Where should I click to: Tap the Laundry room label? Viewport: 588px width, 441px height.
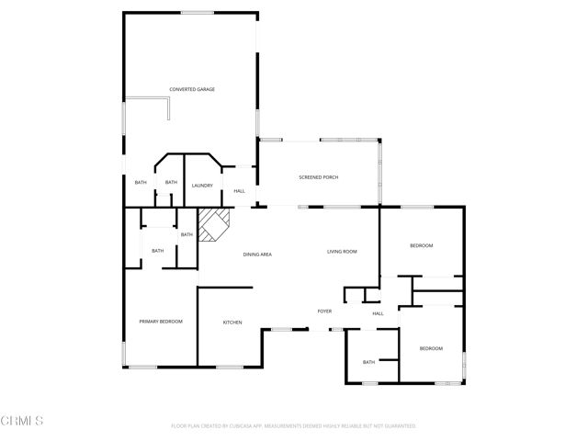202,186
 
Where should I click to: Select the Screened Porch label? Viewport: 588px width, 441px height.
318,176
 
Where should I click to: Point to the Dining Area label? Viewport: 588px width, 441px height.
257,254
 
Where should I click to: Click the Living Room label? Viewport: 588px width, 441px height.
342,251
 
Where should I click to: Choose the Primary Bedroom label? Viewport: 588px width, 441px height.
161,322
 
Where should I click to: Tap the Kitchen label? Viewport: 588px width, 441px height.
232,322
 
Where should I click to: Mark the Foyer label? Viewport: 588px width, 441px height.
324,311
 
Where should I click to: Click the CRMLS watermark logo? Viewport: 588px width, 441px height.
23,421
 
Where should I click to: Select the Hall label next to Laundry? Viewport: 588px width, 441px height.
239,191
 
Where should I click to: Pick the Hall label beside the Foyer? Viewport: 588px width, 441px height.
378,314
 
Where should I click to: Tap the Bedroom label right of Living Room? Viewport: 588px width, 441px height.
422,246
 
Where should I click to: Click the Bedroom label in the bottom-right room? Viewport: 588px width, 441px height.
431,348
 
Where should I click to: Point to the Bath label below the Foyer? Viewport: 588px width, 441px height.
368,362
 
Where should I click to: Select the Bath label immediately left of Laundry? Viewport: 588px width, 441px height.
171,182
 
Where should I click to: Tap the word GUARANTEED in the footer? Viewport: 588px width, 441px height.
398,426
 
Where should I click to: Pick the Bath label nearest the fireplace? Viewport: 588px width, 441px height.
187,234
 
